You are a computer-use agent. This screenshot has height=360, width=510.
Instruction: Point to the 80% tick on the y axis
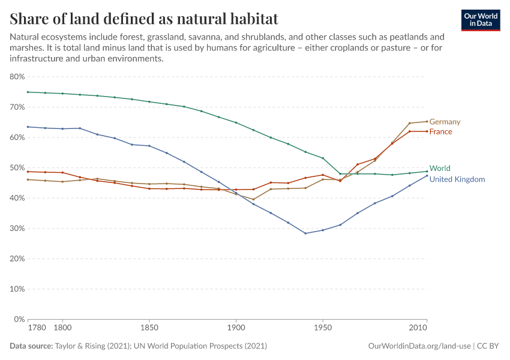pyautogui.click(x=17, y=77)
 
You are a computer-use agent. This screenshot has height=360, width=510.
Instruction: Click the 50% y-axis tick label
pyautogui.click(x=17, y=168)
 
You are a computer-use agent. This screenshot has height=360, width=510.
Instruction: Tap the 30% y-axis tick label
pyautogui.click(x=17, y=229)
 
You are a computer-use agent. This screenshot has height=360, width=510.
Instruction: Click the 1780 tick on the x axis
pyautogui.click(x=36, y=329)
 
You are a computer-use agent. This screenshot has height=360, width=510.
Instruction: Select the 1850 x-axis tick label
pyautogui.click(x=149, y=329)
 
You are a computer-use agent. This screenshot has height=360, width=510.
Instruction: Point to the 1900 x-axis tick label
pyautogui.click(x=236, y=329)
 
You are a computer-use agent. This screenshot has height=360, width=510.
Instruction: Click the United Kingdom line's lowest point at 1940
pyautogui.click(x=305, y=233)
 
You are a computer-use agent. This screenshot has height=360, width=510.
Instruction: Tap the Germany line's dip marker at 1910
pyautogui.click(x=253, y=200)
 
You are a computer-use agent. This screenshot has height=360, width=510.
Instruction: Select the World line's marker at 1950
pyautogui.click(x=323, y=158)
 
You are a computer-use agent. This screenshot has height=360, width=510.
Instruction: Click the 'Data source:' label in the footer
pyautogui.click(x=31, y=346)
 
